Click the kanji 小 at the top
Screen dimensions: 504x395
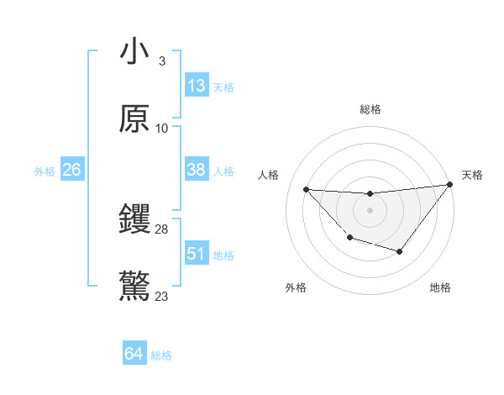pos(134,52)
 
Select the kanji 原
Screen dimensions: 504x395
pos(134,119)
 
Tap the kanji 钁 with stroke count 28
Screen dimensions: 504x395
pos(134,220)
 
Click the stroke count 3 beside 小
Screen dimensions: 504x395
pos(161,61)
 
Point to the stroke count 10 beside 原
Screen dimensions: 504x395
pos(162,129)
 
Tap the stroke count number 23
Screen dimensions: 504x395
pos(162,297)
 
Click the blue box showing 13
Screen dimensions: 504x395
pos(197,86)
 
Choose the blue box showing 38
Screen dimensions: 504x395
pos(197,170)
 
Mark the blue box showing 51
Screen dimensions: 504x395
pos(197,254)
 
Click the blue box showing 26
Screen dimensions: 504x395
pos(72,170)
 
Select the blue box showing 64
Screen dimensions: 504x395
pos(134,355)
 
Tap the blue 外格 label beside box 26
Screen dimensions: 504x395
pos(45,171)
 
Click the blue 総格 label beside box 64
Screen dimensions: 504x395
pos(161,356)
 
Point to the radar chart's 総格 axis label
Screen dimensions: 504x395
pos(370,109)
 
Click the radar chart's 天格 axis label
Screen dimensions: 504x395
pos(472,175)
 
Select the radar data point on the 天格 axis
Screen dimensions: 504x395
pos(449,185)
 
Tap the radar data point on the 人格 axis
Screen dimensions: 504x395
pos(306,189)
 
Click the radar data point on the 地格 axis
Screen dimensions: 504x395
pos(400,251)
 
